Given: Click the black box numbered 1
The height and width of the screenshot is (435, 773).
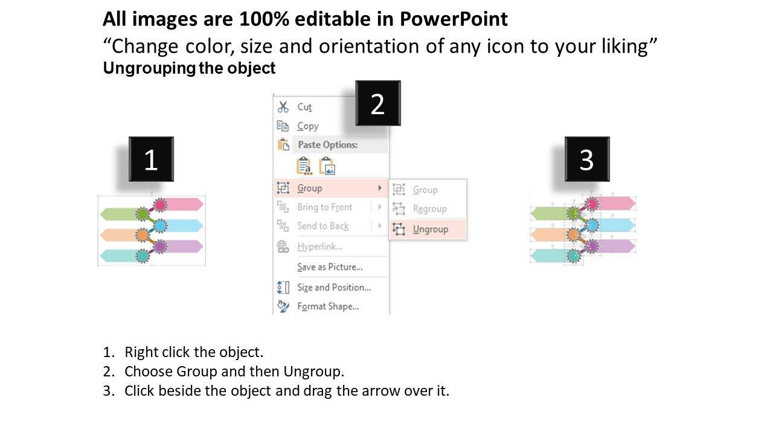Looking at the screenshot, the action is click(151, 159).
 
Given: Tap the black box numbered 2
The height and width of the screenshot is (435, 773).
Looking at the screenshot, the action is click(378, 103).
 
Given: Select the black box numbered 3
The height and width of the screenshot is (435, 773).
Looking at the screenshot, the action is click(587, 159).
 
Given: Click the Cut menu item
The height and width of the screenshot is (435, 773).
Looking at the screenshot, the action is click(304, 107).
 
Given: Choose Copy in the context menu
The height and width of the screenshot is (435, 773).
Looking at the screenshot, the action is click(308, 126).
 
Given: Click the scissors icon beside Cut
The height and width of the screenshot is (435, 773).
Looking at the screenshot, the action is click(283, 107).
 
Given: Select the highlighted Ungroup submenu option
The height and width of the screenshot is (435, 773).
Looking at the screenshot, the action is click(431, 229).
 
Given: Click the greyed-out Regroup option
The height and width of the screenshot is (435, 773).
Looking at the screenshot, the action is click(429, 209).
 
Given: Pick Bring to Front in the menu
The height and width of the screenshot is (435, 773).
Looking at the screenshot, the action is click(325, 207).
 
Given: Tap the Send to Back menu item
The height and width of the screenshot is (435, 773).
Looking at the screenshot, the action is click(323, 226).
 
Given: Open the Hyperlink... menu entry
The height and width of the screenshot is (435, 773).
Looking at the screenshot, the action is click(319, 246).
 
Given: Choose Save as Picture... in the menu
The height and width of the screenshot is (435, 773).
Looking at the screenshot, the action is click(330, 267).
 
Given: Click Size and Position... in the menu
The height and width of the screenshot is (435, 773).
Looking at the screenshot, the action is click(334, 287).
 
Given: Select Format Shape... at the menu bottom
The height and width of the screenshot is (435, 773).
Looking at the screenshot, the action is click(328, 306).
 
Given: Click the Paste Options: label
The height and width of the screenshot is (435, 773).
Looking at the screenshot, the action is click(327, 144).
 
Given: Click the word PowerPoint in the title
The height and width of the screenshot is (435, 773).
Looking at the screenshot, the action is click(454, 19).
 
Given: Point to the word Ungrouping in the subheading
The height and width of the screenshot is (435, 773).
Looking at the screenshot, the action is click(149, 68).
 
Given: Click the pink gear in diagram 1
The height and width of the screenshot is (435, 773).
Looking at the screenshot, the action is click(160, 205).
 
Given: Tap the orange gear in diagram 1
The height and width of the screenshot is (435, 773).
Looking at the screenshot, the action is click(142, 236).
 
